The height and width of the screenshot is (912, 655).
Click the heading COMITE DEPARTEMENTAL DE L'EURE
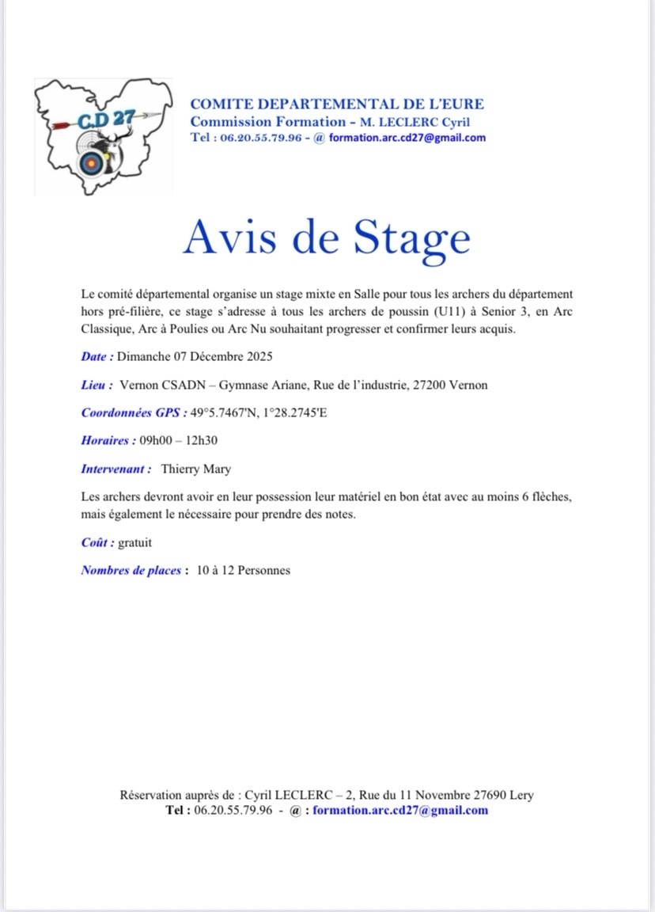point(337,104)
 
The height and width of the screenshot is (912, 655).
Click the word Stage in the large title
point(411,236)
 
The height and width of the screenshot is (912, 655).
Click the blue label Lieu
point(94,385)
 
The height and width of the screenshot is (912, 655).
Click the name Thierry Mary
point(196,469)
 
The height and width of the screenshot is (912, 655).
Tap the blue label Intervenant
point(116,469)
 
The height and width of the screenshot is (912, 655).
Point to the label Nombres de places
point(132,570)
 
